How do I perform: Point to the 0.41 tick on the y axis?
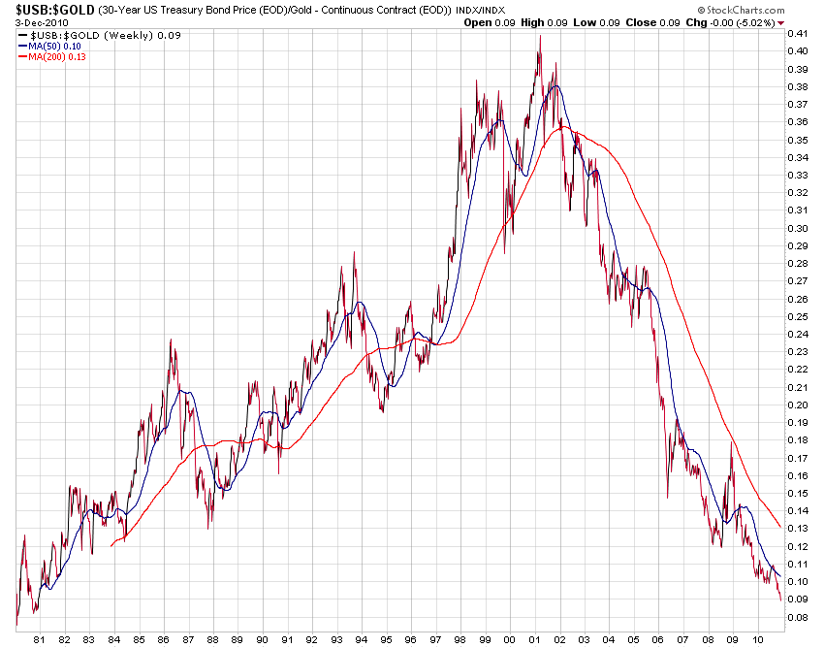[x=799, y=34]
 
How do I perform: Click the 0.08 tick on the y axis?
[x=799, y=616]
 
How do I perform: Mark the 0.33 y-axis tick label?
[x=799, y=175]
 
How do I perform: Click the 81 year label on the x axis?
[x=40, y=639]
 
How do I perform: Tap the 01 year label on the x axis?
[x=535, y=639]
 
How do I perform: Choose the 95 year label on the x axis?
[x=387, y=639]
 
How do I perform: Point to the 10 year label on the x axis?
[x=758, y=639]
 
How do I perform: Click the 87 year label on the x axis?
[x=188, y=639]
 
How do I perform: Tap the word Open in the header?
[x=478, y=22]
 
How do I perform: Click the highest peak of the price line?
[x=540, y=37]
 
